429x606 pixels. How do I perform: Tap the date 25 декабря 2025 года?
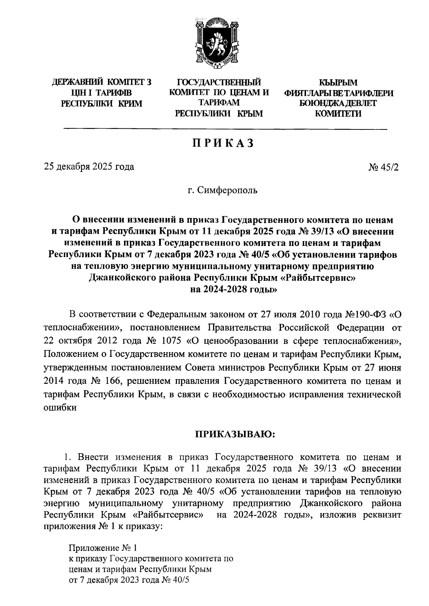(89, 167)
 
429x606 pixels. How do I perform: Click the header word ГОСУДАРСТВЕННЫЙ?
(218, 83)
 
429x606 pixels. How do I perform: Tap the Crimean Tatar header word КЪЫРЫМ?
(338, 83)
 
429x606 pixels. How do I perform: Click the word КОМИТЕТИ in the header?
(338, 114)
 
